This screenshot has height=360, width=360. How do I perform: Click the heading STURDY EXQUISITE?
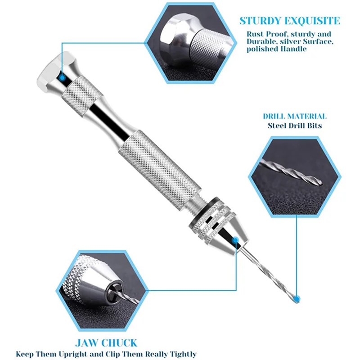[289, 21]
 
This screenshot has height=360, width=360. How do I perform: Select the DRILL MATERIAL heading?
[295, 116]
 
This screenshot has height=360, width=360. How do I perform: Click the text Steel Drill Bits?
[295, 126]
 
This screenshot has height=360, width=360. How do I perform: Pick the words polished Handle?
[276, 49]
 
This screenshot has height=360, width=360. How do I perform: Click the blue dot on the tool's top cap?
[62, 77]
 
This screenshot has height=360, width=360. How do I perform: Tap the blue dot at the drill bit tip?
[296, 298]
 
